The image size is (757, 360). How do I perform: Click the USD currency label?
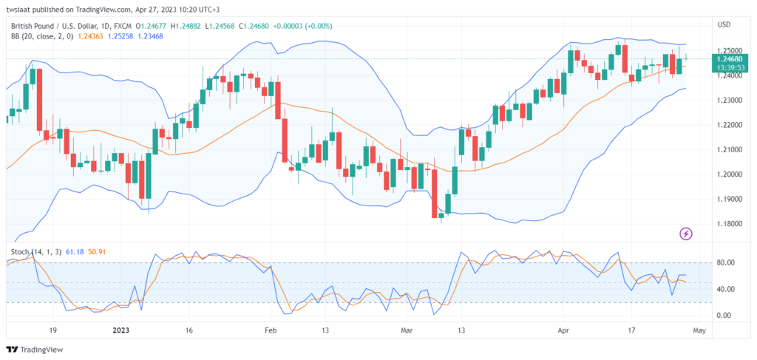point(724,25)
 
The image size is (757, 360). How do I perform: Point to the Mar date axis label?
point(406,330)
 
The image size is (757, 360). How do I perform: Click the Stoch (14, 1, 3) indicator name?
point(36,252)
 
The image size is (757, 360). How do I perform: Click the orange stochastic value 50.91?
point(98,252)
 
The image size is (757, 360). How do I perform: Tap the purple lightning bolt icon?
point(686,234)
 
